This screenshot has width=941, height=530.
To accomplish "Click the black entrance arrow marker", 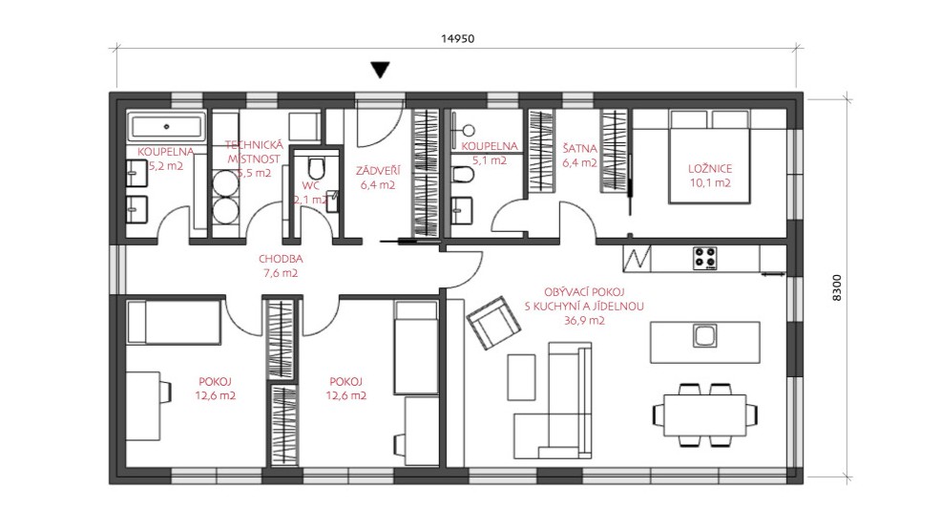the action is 380,70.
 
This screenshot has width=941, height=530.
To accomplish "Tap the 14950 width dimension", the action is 457,39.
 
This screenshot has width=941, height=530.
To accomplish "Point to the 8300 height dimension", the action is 837,287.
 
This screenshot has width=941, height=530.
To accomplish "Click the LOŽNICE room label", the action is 710,169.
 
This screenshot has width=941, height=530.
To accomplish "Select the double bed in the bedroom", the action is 709,157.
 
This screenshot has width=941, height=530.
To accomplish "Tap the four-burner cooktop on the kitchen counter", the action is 704,258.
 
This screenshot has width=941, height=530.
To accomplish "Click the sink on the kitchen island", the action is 704,336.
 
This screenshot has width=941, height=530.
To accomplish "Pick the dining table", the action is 704,414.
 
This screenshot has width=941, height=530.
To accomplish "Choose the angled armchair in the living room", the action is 494,323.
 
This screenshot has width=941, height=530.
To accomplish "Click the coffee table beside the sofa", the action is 521,377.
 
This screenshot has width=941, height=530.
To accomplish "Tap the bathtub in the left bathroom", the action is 166,127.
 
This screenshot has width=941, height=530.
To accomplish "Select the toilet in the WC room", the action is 316,168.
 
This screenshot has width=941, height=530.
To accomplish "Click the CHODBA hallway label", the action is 281,260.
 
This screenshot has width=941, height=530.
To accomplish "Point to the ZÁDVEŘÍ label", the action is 378,171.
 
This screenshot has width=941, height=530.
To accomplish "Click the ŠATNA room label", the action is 579,148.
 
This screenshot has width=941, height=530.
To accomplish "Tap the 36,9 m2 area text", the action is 584,321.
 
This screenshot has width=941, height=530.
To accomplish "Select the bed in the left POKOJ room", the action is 174,323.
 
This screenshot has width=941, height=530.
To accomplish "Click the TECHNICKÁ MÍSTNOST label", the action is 254,152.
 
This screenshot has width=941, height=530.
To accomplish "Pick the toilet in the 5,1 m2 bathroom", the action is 463,175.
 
